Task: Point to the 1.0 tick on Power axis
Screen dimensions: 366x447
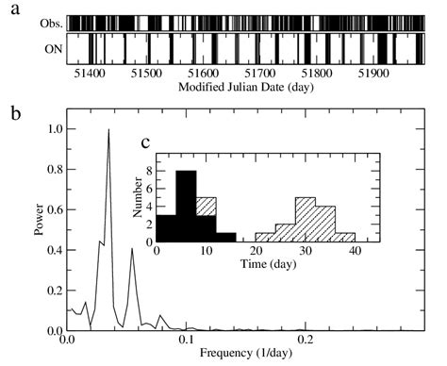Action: tap(53, 129)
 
